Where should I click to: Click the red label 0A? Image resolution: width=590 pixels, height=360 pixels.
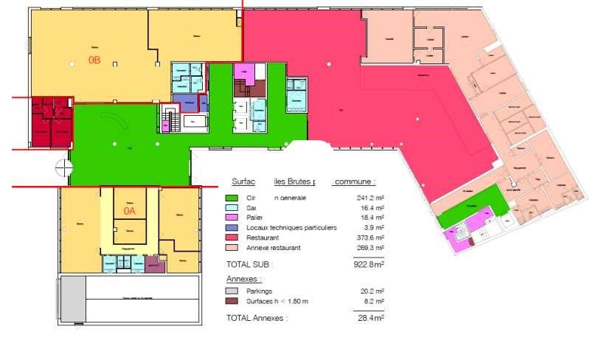(130, 211)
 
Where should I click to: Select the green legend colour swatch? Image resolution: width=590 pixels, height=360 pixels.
(232, 198)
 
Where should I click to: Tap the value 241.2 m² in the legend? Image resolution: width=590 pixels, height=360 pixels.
(370, 198)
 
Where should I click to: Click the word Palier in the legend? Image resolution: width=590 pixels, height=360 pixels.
(256, 218)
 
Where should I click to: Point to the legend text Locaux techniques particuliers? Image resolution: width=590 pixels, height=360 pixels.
(291, 228)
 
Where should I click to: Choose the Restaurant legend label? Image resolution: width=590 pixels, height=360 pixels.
(263, 238)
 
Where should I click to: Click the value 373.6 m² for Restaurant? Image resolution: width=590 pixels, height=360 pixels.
(370, 238)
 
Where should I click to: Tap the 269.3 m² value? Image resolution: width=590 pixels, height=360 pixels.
(370, 249)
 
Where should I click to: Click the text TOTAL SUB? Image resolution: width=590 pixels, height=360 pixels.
(250, 263)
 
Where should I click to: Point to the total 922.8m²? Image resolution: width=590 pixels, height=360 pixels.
(369, 263)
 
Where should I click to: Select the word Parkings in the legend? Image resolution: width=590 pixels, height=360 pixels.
(260, 291)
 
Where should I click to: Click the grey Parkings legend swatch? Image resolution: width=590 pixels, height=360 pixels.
(232, 291)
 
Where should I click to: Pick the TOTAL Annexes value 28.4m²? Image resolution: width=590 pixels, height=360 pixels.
(370, 318)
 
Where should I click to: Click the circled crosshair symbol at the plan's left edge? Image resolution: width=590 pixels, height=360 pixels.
(62, 168)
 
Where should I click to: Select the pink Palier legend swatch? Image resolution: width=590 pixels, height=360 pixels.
(232, 218)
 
